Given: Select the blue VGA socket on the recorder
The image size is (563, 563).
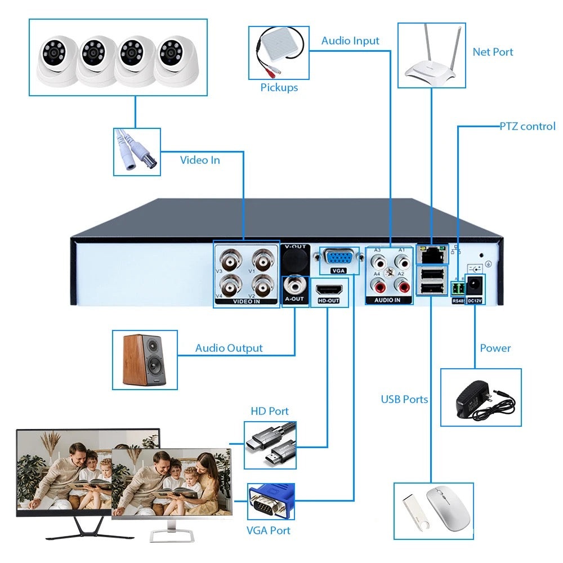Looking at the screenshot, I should coord(338,257).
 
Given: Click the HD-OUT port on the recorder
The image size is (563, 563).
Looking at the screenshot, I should coord(329,290).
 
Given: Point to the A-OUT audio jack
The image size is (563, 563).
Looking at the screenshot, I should coord(294,284).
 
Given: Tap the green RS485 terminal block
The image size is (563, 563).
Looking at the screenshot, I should coord(458,288).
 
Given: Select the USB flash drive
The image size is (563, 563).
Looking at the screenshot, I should coord(415,511).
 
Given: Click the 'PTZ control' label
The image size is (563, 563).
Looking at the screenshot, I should coord(528,126).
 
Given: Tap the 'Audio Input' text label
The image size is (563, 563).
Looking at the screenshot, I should coord(350,41).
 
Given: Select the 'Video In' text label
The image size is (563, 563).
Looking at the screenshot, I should coord(200,160).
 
